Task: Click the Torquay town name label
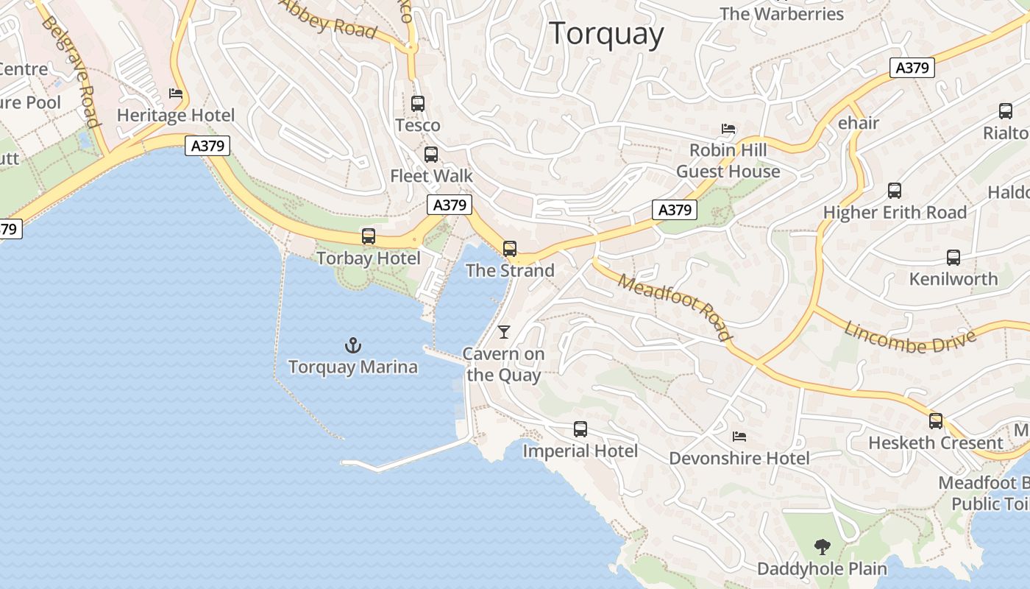(606, 34)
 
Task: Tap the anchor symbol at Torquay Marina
(353, 345)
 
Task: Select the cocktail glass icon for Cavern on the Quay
(504, 332)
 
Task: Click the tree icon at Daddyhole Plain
(822, 547)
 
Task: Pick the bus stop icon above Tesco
(418, 104)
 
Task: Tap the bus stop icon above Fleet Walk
(431, 155)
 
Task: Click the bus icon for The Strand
(510, 249)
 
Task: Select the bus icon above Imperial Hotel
(580, 428)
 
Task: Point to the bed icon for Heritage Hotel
(176, 94)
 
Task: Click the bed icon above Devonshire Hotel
(739, 437)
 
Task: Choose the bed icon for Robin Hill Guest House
(728, 129)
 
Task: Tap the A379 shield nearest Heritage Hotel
(207, 146)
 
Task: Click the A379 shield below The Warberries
(912, 68)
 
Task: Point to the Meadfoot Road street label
(675, 306)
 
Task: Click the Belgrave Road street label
(70, 71)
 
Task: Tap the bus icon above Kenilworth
(953, 258)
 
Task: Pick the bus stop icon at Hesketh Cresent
(936, 421)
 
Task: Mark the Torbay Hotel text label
(368, 258)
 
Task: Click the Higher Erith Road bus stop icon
(895, 191)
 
